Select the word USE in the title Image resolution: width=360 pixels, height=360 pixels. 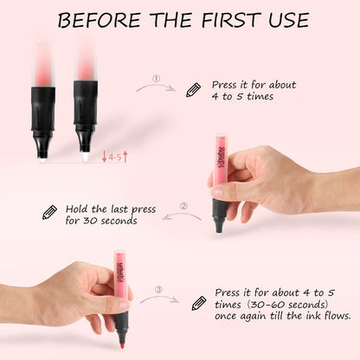(289, 20)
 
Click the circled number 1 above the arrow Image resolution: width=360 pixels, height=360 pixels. (156, 79)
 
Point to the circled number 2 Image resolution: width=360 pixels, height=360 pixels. (183, 206)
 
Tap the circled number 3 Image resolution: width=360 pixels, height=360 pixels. (159, 289)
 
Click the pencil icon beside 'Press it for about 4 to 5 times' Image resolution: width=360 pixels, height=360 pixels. (193, 90)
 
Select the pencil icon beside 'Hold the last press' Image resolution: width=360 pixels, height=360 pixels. (49, 213)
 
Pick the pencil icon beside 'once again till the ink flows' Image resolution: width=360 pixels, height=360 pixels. (199, 304)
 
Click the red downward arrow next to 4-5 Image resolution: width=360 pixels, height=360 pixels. (105, 157)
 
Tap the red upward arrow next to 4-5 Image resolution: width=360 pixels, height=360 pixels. (125, 157)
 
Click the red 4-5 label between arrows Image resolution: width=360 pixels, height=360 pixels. (115, 157)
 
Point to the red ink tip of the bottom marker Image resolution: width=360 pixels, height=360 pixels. (122, 345)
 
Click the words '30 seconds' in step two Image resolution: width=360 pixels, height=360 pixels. (110, 221)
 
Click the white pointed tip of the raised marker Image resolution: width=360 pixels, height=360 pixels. (86, 157)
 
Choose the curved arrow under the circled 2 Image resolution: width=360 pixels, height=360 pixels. (182, 216)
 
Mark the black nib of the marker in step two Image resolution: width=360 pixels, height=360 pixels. (219, 228)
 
